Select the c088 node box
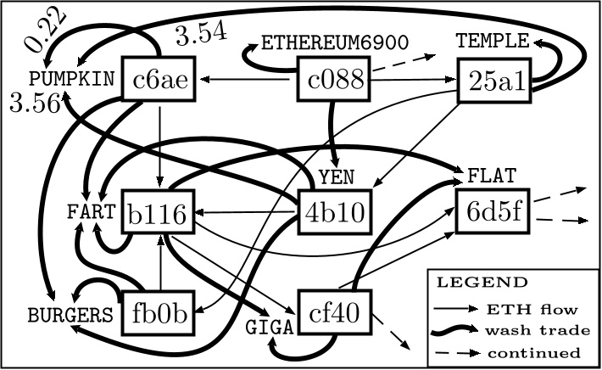335,81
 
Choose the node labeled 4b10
335,212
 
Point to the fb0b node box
159,314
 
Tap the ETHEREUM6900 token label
335,42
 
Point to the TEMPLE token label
492,41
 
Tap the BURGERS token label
70,316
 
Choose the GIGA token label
268,326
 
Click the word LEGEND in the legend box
482,282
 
